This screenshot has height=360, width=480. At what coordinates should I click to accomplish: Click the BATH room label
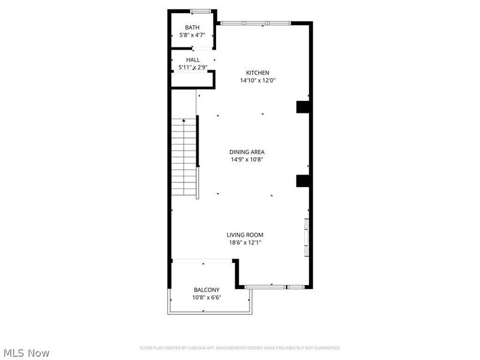click(x=192, y=28)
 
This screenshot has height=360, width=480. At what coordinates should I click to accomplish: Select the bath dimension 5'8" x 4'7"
click(x=192, y=35)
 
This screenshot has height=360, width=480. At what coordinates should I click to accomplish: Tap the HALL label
click(x=193, y=60)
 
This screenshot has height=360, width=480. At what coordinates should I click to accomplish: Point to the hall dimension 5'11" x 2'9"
click(x=193, y=68)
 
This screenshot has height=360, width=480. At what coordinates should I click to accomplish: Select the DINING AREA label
click(x=247, y=152)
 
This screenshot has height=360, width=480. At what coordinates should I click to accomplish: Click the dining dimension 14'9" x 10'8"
click(x=247, y=160)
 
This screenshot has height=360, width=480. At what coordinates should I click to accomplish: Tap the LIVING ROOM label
click(x=245, y=235)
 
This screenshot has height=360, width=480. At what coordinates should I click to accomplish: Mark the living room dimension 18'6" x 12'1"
click(x=245, y=242)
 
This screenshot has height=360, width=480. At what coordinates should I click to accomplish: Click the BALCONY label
click(x=206, y=289)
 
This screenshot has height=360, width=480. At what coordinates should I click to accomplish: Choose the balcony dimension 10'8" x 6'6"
click(x=206, y=297)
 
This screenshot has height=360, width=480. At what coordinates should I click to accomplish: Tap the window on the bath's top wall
click(x=200, y=11)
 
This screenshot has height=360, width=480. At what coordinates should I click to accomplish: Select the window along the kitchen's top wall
click(x=254, y=23)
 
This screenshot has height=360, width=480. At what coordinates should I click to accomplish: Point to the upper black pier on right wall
click(x=302, y=107)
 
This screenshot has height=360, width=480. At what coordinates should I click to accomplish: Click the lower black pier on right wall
click(x=302, y=181)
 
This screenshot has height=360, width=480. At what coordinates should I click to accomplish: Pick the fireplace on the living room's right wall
click(x=307, y=238)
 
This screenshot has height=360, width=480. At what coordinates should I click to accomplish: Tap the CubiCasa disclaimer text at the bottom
click(x=240, y=348)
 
